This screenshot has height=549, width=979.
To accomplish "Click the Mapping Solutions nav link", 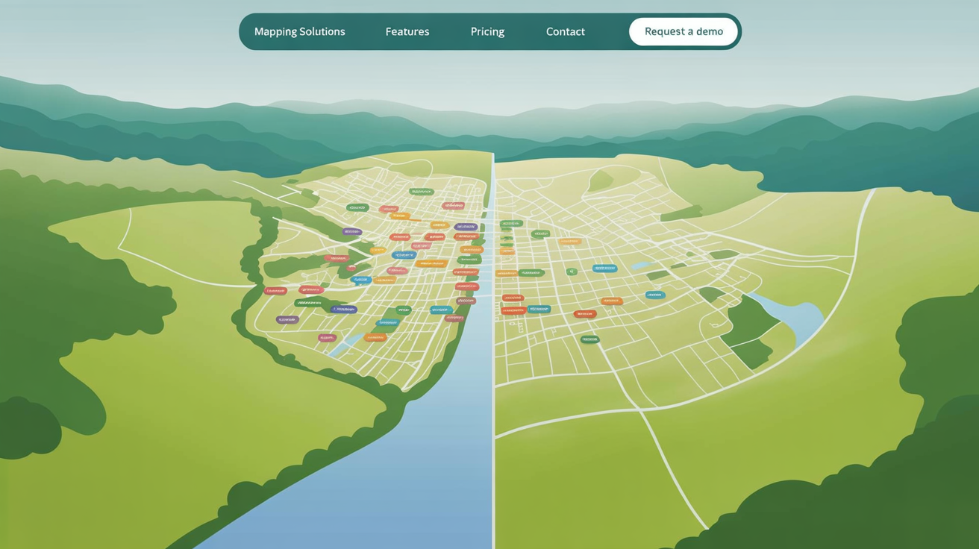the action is (299, 32).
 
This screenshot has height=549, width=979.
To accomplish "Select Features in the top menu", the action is (407, 32).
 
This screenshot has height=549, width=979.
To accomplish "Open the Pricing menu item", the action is (487, 32).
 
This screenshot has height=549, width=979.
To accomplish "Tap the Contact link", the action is (565, 32).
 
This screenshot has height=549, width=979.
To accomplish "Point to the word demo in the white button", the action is (710, 31).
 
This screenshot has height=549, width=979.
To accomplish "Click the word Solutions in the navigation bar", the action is (322, 32).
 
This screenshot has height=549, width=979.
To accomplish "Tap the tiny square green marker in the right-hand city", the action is (572, 272).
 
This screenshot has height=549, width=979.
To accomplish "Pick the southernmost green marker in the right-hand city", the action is (589, 339).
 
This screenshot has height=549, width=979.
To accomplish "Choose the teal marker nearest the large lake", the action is (654, 295).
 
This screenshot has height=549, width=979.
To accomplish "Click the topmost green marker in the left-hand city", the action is (421, 192).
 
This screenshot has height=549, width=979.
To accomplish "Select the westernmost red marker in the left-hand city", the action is (275, 291).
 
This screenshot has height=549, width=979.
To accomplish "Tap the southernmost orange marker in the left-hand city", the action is (375, 338).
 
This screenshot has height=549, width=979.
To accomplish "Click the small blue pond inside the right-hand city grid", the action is (642, 265).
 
